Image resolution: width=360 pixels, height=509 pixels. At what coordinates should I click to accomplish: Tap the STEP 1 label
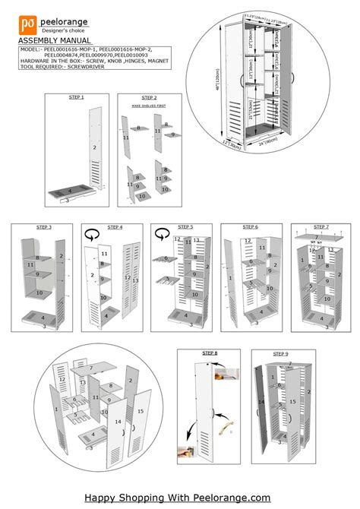(77, 97)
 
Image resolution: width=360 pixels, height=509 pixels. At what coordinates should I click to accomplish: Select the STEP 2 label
(149, 98)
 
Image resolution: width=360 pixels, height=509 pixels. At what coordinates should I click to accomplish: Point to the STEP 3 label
(45, 227)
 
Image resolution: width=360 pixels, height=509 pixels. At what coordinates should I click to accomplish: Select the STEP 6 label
(251, 227)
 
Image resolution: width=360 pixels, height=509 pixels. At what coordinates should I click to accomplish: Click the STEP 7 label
(321, 226)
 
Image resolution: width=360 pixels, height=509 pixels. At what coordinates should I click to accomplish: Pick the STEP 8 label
(210, 353)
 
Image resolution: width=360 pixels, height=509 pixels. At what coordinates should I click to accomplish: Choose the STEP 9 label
(280, 354)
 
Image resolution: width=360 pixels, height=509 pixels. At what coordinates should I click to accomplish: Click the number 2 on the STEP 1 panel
(95, 146)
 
